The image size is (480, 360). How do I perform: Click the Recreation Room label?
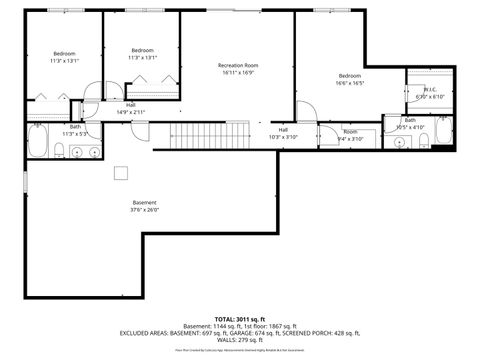[x=238, y=65]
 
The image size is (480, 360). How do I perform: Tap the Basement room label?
[x=144, y=202]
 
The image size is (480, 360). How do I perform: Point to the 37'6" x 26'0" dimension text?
[x=144, y=210]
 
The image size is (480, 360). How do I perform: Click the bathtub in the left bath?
[x=36, y=142]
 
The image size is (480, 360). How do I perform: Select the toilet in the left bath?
[x=60, y=151]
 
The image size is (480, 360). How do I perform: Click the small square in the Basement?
[x=120, y=173]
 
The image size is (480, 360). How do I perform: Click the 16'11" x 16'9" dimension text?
[x=238, y=73]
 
